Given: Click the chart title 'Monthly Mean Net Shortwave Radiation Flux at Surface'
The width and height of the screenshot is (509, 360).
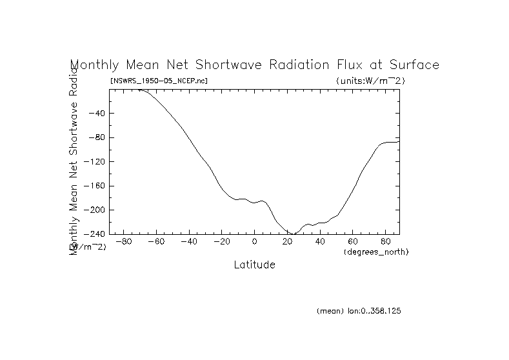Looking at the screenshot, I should [254, 65].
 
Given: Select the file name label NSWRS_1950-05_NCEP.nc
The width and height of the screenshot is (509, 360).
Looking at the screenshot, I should [159, 81].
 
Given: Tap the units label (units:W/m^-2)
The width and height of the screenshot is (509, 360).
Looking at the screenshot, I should [370, 81].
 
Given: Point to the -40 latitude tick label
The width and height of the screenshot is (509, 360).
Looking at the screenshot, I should [188, 242].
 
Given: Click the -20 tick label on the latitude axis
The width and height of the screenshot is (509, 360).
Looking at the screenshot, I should [221, 242].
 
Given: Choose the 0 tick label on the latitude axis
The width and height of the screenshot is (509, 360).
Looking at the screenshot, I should [255, 242].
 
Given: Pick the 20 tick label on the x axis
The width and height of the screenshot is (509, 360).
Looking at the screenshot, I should [288, 242].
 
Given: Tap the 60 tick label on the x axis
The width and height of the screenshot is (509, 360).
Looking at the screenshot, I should [354, 242].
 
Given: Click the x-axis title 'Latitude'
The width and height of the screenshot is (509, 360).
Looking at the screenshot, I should [254, 265].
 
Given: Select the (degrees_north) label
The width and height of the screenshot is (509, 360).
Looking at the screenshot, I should [376, 252].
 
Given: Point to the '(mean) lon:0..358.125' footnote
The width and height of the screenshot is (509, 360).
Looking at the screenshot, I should [359, 311].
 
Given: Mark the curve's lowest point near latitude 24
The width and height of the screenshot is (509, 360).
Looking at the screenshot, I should [294, 234].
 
